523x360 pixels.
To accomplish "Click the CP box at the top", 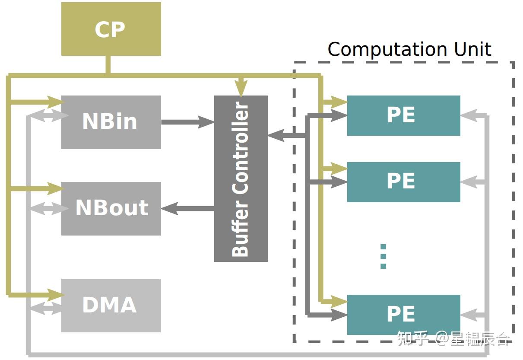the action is [111, 29].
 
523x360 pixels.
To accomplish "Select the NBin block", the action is [111, 122].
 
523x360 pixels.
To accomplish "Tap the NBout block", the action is [111, 209].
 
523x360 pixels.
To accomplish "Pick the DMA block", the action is [111, 306].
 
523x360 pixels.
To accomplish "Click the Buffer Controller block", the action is [241, 179].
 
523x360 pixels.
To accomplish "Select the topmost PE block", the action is [404, 115].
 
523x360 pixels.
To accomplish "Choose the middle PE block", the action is [404, 182].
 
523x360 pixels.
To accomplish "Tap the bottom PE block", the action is [404, 315].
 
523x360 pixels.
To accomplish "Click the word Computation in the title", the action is [387, 50].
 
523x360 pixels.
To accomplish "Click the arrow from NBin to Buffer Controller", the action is [188, 122].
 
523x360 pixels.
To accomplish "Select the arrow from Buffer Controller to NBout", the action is [188, 209].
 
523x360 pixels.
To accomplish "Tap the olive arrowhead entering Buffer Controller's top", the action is [241, 88].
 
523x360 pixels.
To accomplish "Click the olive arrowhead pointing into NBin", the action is [56, 102].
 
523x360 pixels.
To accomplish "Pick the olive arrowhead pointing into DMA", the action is [56, 295].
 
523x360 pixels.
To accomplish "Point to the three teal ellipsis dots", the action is [383, 257].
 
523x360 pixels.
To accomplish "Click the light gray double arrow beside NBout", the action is [50, 209].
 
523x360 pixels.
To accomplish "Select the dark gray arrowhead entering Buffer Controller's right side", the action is [276, 135].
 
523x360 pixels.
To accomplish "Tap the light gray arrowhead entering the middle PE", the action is [469, 182].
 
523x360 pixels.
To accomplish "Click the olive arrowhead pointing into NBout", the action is [56, 188].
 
